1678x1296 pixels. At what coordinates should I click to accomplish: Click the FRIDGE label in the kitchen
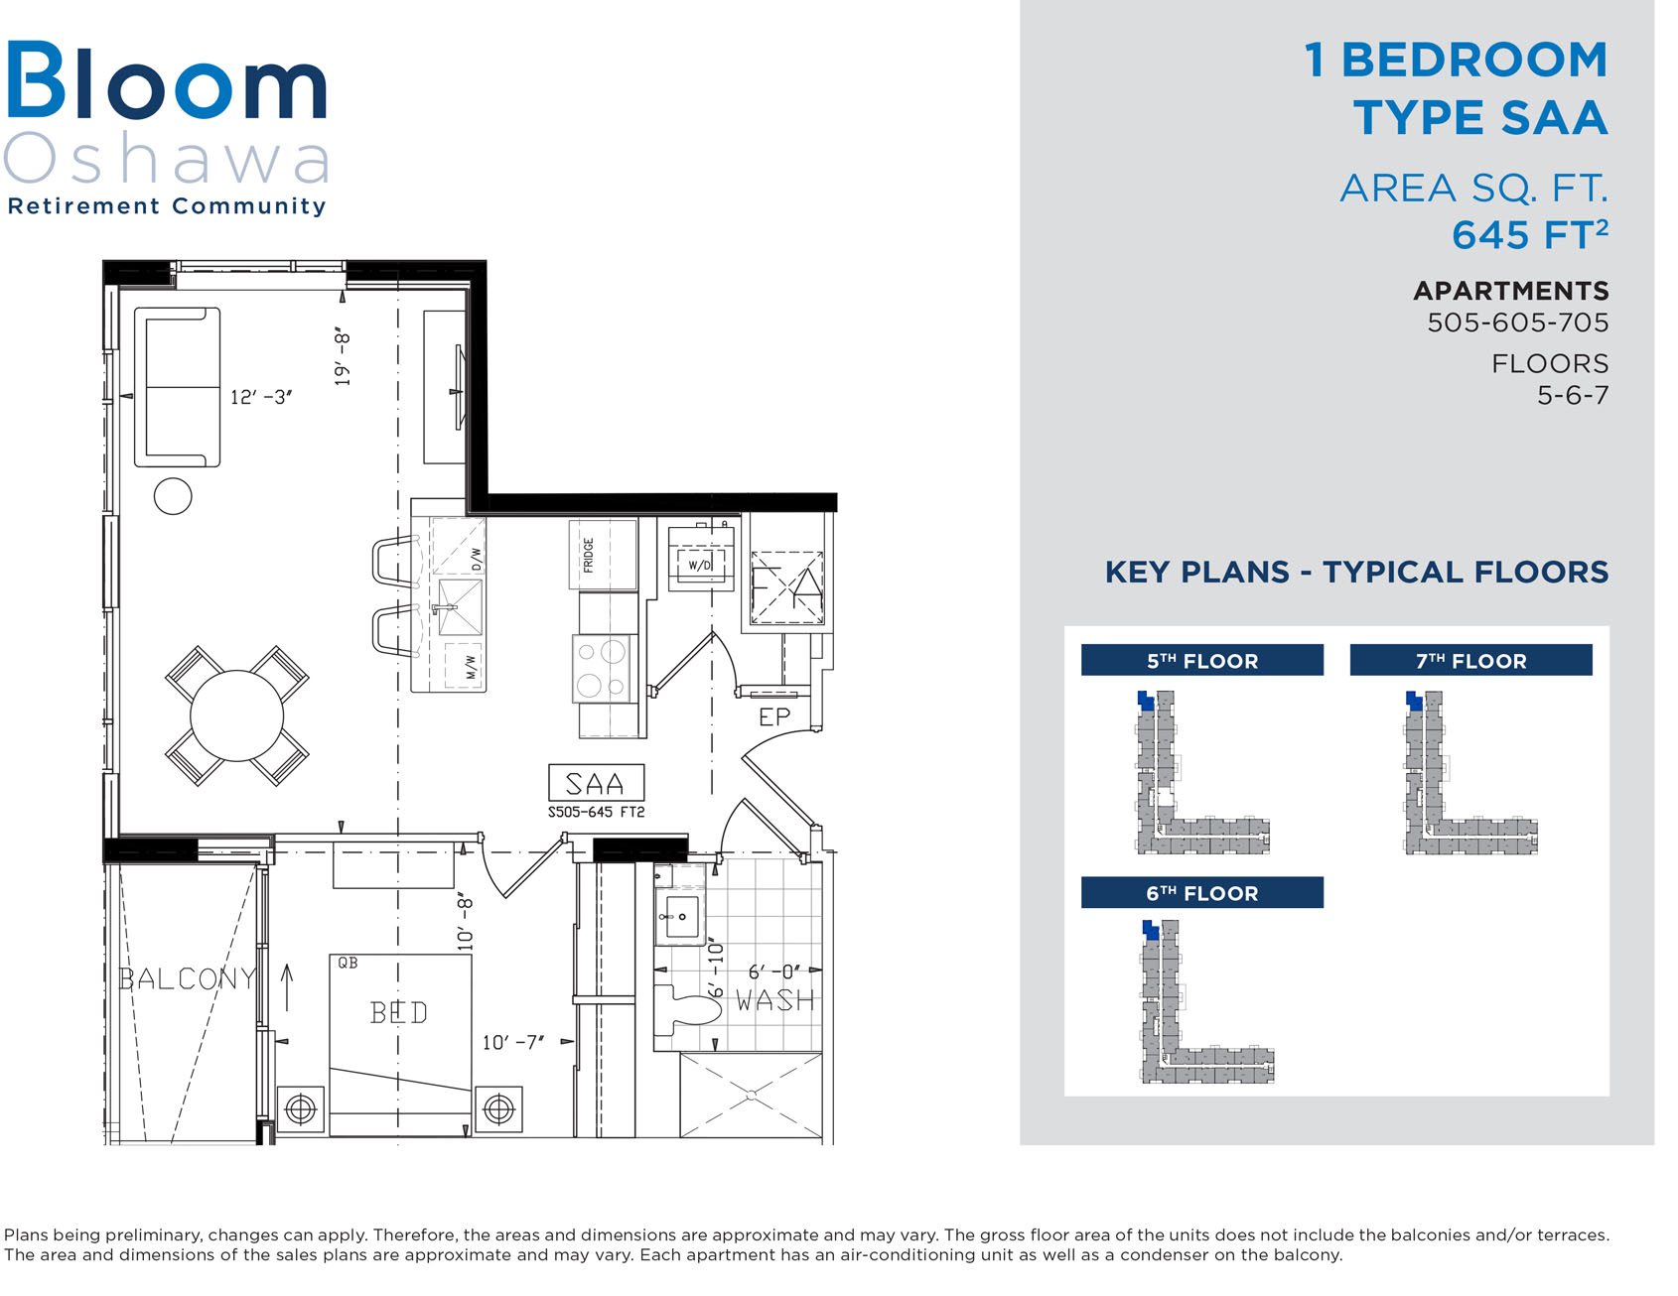(x=588, y=555)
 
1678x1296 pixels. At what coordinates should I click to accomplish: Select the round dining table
(x=236, y=716)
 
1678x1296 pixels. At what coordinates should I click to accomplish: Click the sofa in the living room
(x=177, y=387)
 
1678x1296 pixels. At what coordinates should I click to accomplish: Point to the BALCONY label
(x=188, y=978)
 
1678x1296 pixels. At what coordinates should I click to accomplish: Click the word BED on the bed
(x=399, y=1012)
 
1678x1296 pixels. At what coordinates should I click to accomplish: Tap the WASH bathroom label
(x=775, y=1000)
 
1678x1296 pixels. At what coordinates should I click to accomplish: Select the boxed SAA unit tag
(x=596, y=783)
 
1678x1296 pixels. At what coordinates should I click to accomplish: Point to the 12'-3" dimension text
(x=261, y=397)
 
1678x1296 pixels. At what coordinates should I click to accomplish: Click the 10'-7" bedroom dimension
(x=513, y=1042)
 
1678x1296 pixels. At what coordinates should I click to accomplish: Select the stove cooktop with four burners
(x=603, y=669)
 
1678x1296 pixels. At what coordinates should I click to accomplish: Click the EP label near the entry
(x=774, y=717)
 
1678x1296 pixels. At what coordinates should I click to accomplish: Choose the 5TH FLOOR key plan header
(x=1202, y=660)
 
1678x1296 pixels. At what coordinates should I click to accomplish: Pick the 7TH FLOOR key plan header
(x=1470, y=660)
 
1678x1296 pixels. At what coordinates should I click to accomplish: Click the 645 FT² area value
(x=1530, y=235)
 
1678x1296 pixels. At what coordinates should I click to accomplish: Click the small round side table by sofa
(x=173, y=496)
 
